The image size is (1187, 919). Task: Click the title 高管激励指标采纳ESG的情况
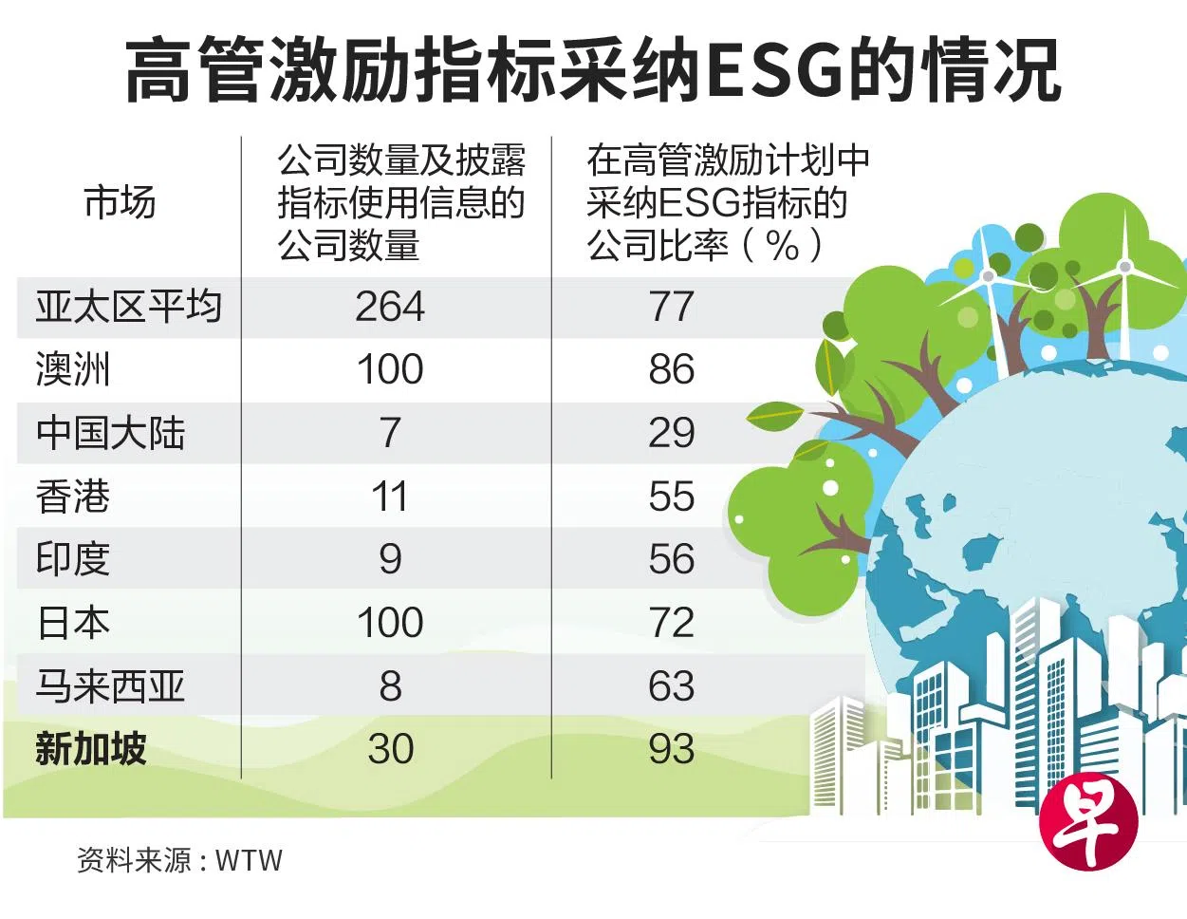pos(593,70)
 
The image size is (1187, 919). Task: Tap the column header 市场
pos(121,202)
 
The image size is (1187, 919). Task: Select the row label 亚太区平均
pos(128,306)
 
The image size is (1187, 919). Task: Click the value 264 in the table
pos(390,307)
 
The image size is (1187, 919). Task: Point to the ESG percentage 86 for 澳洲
pos(672,369)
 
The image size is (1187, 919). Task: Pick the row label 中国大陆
pos(110,433)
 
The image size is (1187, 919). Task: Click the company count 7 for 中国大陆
pos(390,433)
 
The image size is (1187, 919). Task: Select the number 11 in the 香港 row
pos(389,497)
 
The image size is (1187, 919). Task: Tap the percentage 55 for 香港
pos(672,497)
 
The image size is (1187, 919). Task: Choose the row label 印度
pos(73,558)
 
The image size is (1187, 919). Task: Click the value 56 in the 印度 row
pos(672,559)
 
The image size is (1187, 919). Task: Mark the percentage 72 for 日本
pos(672,623)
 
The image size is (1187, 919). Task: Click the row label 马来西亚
pos(110,685)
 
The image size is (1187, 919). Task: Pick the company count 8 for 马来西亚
pos(391,685)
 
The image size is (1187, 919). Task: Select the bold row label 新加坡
pos(91,748)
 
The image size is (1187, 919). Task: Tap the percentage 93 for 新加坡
pos(672,748)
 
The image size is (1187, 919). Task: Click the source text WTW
pos(250,860)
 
